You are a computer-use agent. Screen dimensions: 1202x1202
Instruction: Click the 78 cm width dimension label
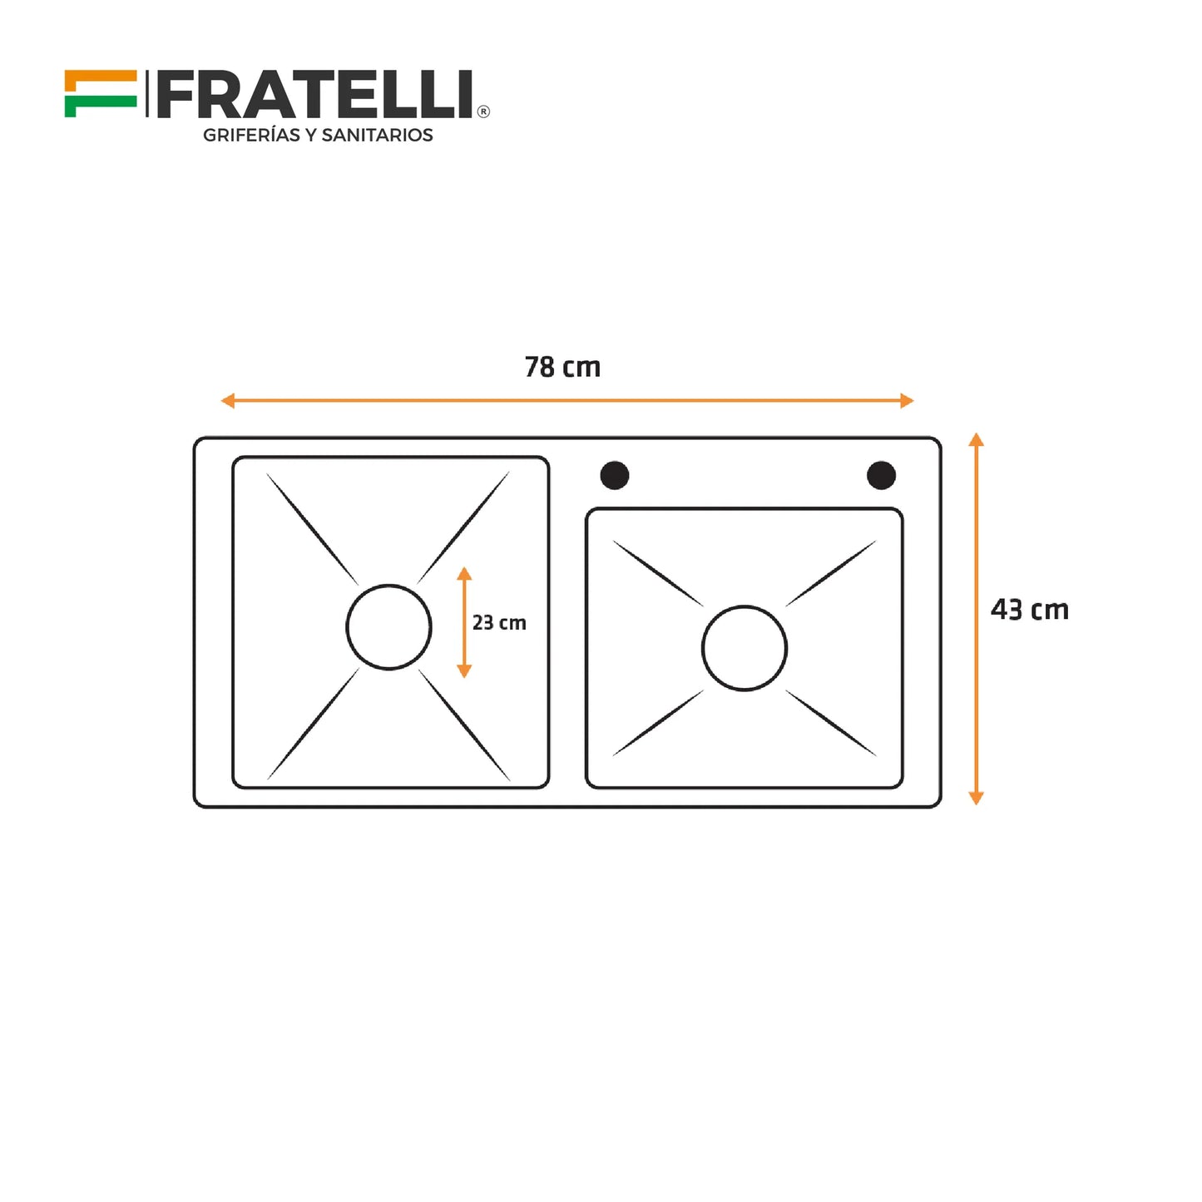562,367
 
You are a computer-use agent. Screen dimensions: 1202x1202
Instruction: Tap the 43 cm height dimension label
1029,610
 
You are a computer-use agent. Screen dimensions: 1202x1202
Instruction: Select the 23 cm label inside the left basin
499,622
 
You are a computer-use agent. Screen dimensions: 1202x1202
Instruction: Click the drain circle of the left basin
388,627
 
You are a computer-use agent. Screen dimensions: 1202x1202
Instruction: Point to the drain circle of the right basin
744,648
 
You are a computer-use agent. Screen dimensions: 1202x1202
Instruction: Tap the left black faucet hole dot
615,476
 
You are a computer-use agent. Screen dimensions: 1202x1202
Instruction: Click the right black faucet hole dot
881,476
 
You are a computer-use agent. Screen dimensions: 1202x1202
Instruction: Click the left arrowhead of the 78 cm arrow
227,401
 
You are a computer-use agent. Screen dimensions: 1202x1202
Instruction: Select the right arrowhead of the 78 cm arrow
908,401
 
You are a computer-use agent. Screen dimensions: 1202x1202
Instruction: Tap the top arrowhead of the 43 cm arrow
977,439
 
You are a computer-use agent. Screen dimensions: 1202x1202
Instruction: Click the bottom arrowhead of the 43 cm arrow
977,799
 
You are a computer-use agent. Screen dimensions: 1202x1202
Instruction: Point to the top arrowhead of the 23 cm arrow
464,573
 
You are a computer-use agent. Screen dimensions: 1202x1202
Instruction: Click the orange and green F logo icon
100,94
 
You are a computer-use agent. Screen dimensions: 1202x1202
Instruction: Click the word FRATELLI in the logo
315,95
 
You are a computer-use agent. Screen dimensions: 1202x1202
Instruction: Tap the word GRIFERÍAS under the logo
252,136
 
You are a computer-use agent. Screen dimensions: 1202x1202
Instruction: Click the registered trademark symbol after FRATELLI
483,111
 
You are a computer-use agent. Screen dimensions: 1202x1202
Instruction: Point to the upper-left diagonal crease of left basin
312,528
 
